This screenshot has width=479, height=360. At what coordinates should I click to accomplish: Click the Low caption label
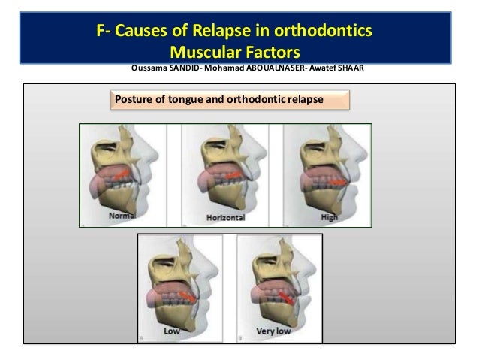click(x=174, y=330)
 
